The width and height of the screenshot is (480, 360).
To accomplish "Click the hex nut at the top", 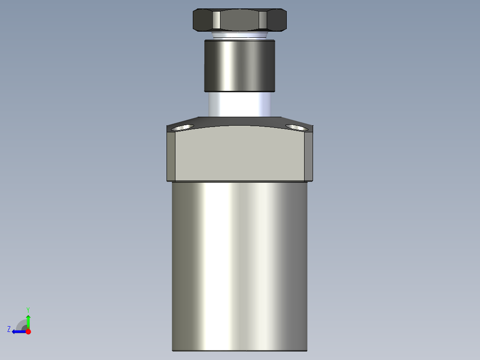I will [240, 20].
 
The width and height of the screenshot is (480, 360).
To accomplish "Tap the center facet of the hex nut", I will [240, 20].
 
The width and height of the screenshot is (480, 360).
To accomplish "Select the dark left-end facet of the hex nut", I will [203, 20].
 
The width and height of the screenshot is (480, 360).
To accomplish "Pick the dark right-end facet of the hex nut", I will [277, 20].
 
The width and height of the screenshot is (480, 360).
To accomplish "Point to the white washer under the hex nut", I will [240, 35].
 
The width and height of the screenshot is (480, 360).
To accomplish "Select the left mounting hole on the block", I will [182, 128].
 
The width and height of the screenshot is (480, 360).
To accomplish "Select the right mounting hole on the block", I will [297, 128].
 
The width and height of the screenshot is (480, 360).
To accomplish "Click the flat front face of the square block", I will [240, 154].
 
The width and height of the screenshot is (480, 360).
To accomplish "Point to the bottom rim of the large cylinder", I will [240, 351].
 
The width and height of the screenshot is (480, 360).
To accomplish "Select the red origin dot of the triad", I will [28, 331].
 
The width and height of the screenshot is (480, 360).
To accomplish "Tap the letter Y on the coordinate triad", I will [28, 309].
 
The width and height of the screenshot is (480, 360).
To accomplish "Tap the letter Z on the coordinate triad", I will [9, 329].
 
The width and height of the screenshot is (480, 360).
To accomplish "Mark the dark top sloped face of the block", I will [240, 121].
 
